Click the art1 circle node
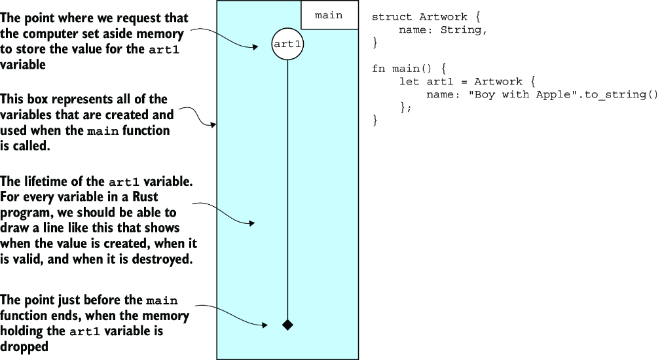pos(287,44)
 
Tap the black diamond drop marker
pos(287,325)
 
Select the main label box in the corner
pos(329,14)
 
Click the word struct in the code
pos(392,17)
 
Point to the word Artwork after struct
pos(443,17)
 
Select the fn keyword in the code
pos(378,69)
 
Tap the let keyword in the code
pos(409,81)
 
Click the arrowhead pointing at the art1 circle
pos(255,47)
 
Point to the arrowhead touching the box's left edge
pos(214,124)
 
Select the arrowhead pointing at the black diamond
pos(265,325)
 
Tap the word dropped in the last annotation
pos(24,346)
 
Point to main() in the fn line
pos(412,69)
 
